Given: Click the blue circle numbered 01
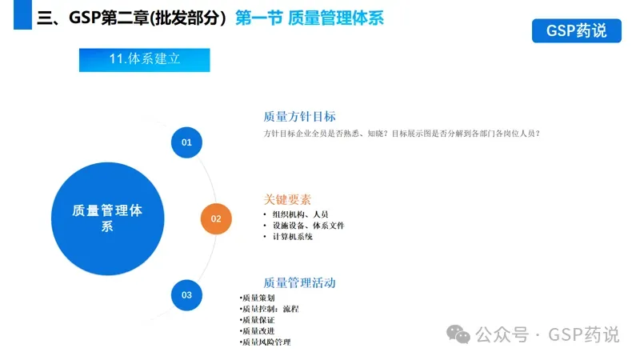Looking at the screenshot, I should pos(186,142).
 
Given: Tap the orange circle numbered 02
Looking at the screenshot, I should pos(216,218).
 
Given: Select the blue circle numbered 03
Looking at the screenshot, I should pos(186,295).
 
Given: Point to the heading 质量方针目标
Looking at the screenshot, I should pos(299,116).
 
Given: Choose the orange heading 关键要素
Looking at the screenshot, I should pos(287,199).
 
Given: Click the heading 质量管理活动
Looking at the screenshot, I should pos(299,282).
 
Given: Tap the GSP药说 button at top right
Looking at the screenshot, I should pos(576,30).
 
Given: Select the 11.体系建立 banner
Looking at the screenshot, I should pos(145,59).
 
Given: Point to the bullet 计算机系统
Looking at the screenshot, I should pos(292,237).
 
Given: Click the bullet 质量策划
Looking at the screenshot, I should pos(258,298).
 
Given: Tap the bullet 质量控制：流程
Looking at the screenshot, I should pos(270,309).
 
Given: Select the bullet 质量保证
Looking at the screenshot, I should pos(258,320).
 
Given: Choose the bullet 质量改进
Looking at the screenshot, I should pos(258,331).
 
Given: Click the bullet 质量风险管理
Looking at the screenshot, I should pos(266,342).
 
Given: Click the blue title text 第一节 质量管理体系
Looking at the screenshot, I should pos(310,18).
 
